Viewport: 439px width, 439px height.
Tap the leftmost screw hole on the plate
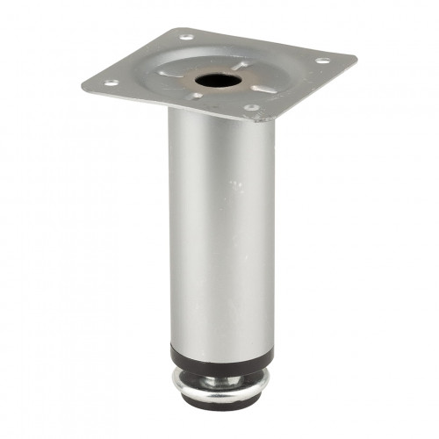(112, 83)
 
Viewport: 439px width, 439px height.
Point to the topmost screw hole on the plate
(187, 38)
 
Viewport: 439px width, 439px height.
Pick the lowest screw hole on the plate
(251, 108)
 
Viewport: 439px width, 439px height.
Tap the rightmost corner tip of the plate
(356, 58)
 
